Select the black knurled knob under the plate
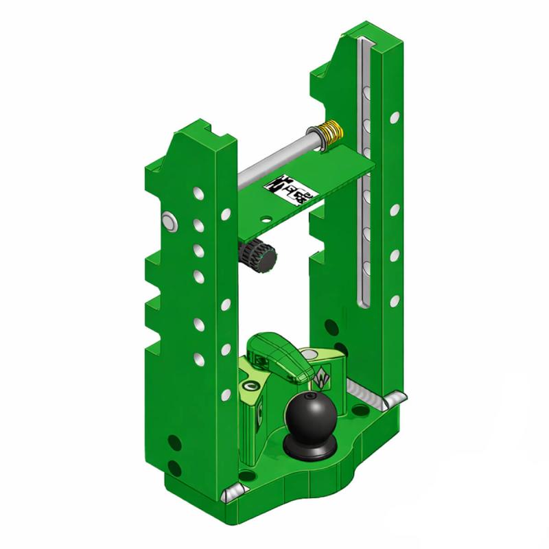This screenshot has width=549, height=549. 259,255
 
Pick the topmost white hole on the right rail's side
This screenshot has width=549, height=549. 394,117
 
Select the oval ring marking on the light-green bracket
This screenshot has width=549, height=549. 248,388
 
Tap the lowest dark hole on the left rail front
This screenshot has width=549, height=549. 174,468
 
